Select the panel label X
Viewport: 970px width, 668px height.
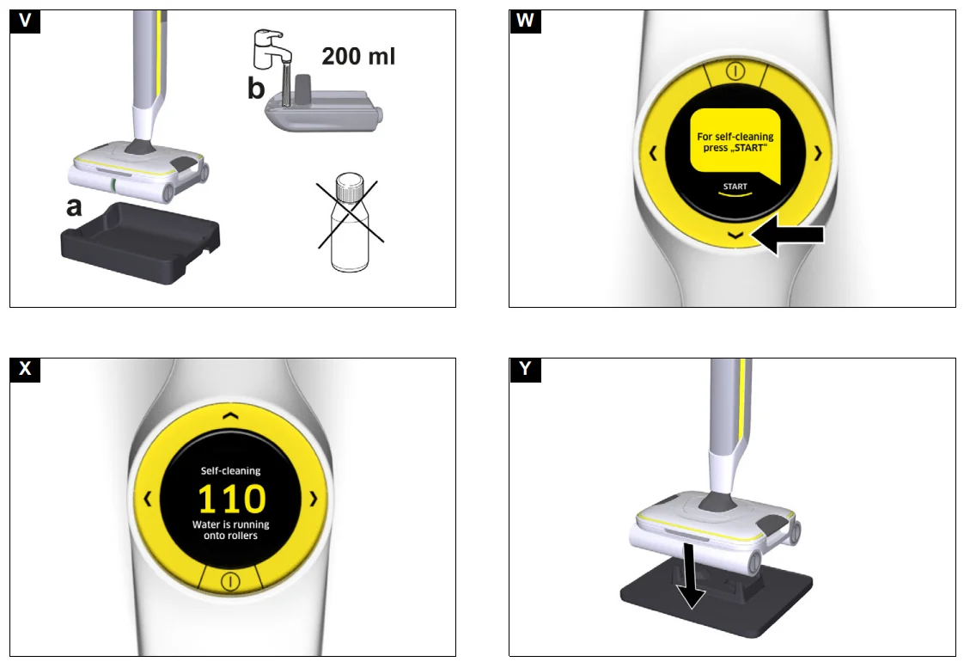pyautogui.click(x=26, y=370)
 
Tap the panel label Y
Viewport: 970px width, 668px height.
pyautogui.click(x=525, y=370)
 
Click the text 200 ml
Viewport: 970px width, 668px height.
pyautogui.click(x=358, y=57)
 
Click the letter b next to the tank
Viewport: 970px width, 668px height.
pyautogui.click(x=256, y=89)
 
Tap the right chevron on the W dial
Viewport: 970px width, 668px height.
pyautogui.click(x=817, y=153)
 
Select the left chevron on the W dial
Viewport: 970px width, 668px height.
pyautogui.click(x=652, y=153)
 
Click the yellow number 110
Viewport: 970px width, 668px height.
pyautogui.click(x=232, y=499)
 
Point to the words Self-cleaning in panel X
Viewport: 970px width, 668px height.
pyautogui.click(x=230, y=470)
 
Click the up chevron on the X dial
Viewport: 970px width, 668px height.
pyautogui.click(x=229, y=414)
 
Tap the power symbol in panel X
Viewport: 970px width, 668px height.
pyautogui.click(x=229, y=581)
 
